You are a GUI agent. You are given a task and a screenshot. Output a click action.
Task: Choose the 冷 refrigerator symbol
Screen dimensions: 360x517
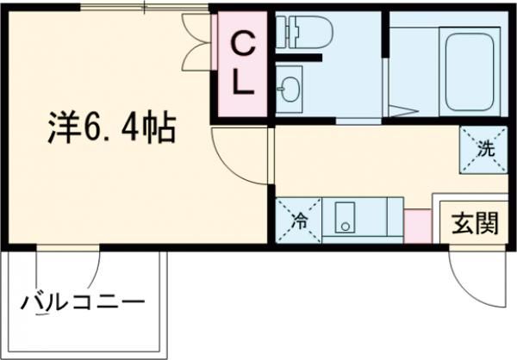[x=298, y=219]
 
